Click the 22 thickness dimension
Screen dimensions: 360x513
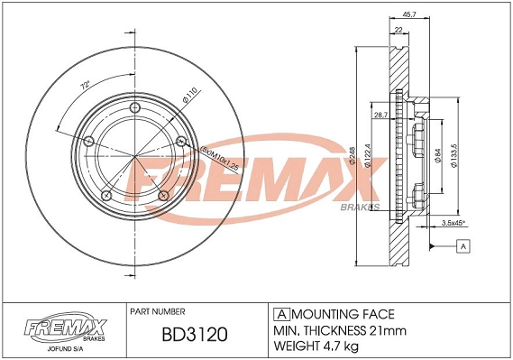pyautogui.click(x=398, y=31)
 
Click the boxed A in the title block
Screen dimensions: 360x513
pyautogui.click(x=279, y=313)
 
